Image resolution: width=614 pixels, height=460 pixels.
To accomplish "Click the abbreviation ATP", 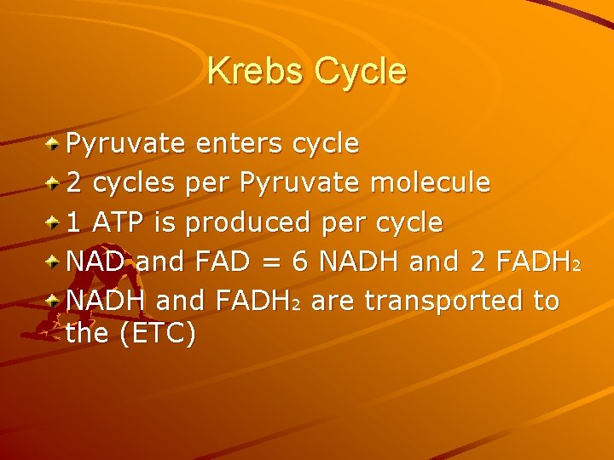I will (x=121, y=222).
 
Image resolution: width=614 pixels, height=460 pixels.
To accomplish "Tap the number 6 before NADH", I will (x=299, y=262).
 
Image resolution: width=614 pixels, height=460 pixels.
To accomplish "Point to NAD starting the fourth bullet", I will (x=96, y=262).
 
